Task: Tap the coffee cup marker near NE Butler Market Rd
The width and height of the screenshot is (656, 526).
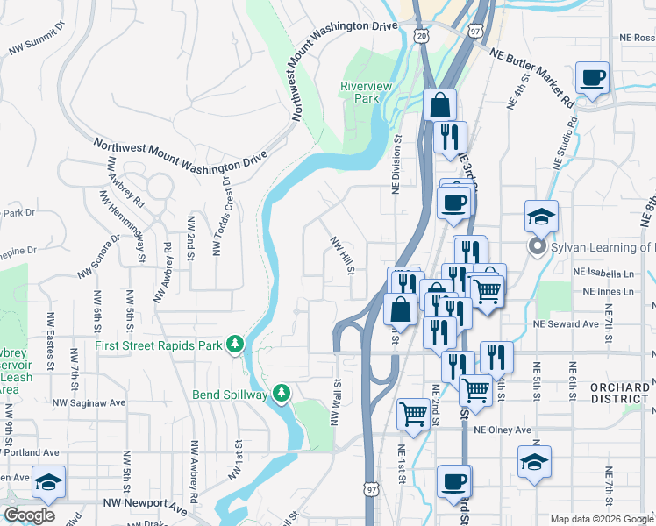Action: point(593,78)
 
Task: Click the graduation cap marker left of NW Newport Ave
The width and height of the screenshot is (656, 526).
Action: point(49,481)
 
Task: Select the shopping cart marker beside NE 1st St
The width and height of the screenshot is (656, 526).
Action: point(414,414)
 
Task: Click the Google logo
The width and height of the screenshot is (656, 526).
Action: point(30,515)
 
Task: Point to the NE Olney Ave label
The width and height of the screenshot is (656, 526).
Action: point(503,430)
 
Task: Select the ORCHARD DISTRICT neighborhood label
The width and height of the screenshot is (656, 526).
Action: point(619,393)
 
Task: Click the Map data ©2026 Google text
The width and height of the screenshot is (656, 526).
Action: point(601,519)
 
